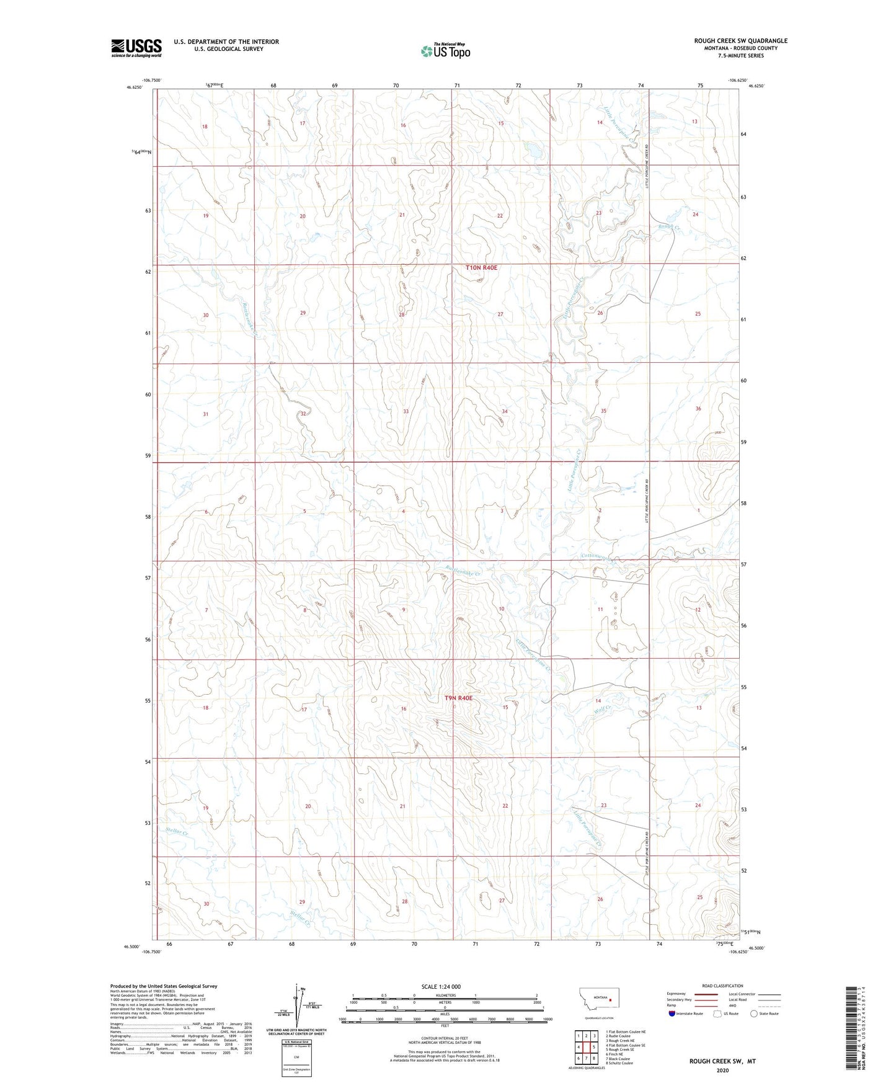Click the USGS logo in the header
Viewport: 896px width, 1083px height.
coord(136,48)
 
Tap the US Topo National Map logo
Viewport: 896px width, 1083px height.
coord(445,51)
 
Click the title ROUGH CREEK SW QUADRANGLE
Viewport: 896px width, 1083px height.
coord(740,41)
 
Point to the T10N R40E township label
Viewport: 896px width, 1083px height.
coord(482,268)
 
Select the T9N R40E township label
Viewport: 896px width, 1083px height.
coord(458,698)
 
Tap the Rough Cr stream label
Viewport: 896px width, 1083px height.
coord(670,228)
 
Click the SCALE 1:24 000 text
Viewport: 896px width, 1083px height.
coord(441,987)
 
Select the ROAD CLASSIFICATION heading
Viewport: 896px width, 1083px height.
coord(722,986)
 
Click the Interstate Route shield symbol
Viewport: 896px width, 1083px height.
coord(672,1014)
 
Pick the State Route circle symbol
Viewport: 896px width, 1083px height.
coord(754,1014)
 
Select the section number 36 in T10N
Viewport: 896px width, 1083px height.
coord(698,409)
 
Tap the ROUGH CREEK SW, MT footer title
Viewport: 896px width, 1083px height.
coord(722,1061)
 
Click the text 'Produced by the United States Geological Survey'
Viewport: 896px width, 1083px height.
coord(164,986)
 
